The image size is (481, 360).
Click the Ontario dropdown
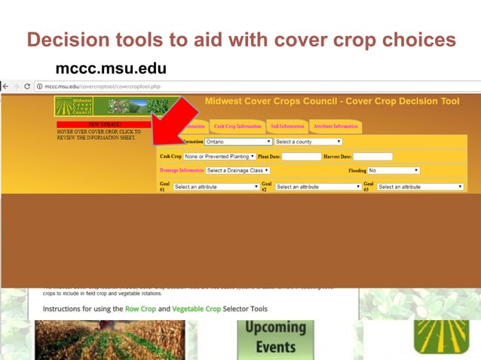238,142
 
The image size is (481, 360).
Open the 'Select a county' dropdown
308,142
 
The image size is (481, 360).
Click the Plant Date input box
301,157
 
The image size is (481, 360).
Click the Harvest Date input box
372,157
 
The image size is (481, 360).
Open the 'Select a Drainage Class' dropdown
238,171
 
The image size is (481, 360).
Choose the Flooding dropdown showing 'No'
393,171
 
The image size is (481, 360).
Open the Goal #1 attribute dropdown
216,187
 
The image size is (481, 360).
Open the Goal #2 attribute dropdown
317,187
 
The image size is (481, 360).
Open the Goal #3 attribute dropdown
420,187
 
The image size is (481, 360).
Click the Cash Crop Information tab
237,127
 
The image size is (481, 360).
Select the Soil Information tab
287,127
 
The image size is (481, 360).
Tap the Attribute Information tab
335,127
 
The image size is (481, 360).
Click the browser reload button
27,87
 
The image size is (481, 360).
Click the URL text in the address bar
102,87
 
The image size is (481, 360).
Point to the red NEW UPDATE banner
99,124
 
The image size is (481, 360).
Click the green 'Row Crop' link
141,310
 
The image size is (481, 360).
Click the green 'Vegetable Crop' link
197,310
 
